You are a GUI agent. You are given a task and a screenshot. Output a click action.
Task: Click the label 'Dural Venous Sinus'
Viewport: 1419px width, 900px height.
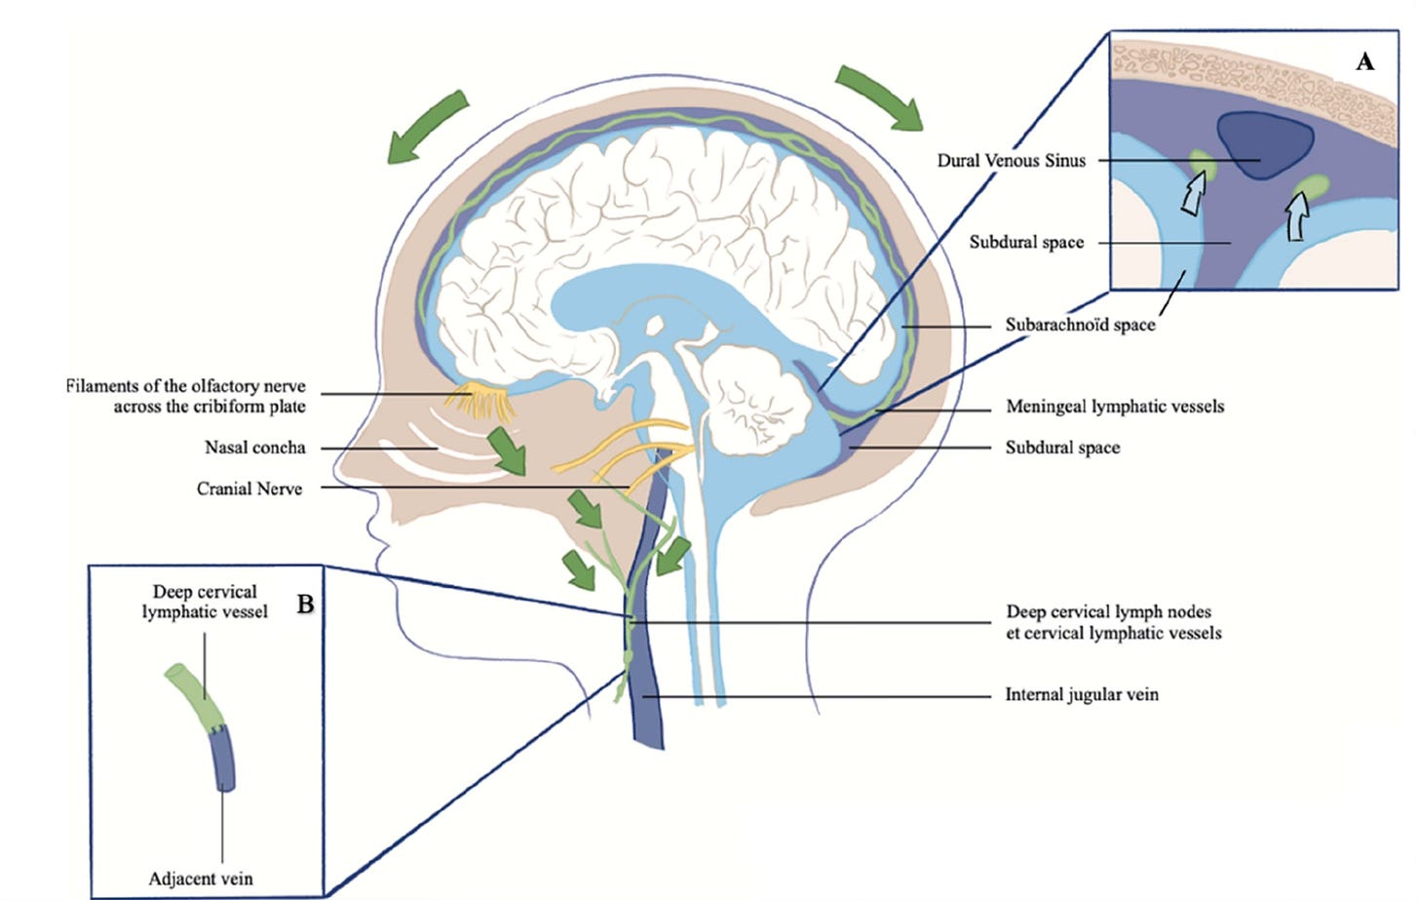pos(1011,161)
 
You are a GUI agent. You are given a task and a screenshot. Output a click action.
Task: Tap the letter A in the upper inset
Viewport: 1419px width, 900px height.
pos(1364,61)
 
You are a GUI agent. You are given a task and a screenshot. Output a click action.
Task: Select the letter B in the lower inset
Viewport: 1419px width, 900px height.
pos(305,605)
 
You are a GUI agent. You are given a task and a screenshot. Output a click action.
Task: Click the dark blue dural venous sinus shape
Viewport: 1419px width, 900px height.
pos(1266,145)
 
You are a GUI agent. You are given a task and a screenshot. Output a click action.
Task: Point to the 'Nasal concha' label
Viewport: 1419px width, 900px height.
pos(254,448)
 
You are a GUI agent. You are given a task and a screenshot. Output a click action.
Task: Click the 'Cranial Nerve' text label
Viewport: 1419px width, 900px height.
pos(249,489)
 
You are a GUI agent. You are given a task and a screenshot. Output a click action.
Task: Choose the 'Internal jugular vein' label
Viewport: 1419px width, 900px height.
pos(1082,695)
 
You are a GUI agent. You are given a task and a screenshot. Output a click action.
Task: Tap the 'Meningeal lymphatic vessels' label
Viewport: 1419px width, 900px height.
pos(1114,407)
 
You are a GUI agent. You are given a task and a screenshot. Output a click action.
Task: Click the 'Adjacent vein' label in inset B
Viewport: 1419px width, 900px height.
pos(200,879)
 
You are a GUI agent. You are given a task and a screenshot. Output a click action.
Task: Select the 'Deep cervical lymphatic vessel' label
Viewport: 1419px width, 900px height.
pos(205,602)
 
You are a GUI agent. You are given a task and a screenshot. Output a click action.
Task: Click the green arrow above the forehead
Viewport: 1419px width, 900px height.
pos(426,126)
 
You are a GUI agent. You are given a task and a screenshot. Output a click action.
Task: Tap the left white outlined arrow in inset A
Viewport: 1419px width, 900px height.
pos(1192,194)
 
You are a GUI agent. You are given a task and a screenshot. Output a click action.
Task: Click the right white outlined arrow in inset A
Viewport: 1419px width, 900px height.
pos(1297,215)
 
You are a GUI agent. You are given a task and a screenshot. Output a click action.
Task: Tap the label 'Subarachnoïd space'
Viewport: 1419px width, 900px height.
pos(1080,325)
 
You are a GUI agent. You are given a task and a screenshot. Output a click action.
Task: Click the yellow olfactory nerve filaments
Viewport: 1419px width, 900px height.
pos(479,398)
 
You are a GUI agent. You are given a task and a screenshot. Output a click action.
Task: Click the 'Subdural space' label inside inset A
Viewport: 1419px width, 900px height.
pos(1026,242)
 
